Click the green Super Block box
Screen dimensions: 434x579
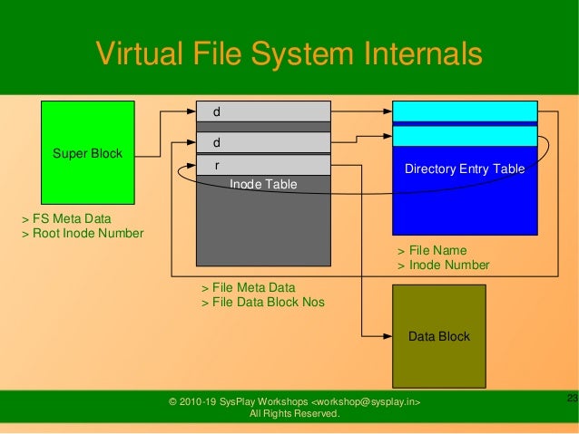(x=87, y=152)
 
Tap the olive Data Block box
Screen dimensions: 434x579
(x=438, y=336)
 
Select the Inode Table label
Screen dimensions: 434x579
(x=263, y=184)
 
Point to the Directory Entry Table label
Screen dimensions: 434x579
(x=465, y=169)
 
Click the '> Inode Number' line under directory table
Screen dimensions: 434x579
(x=443, y=265)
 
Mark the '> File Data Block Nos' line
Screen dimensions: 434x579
(x=262, y=302)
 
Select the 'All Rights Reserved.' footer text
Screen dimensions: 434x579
(x=295, y=414)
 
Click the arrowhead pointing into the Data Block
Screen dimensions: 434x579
(x=388, y=335)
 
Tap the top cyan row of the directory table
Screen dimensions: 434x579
(x=464, y=111)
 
